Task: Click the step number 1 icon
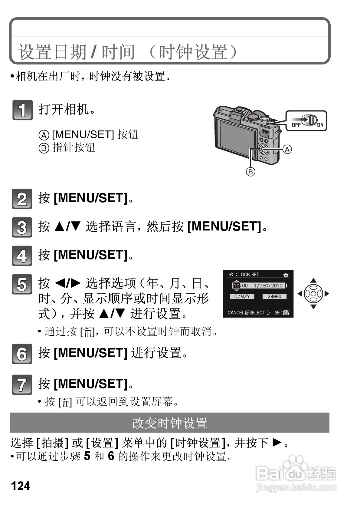click(22, 110)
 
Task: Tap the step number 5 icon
click(22, 284)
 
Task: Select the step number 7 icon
click(22, 384)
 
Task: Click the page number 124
click(21, 486)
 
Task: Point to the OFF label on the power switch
click(296, 124)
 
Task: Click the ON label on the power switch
click(320, 124)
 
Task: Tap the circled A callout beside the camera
click(287, 149)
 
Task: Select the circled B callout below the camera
click(250, 172)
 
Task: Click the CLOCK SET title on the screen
click(247, 274)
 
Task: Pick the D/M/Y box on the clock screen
click(242, 296)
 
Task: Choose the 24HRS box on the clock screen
click(274, 296)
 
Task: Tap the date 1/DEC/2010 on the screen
click(268, 285)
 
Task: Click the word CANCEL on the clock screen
click(236, 312)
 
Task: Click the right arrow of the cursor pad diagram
click(326, 293)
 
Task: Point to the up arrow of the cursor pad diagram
click(313, 280)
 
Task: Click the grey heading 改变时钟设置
click(170, 423)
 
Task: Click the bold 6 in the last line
click(111, 456)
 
